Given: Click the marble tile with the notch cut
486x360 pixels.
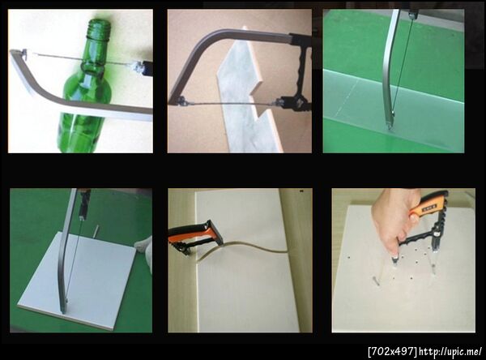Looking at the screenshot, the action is pyautogui.click(x=245, y=93).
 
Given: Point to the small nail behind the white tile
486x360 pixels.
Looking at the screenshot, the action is pyautogui.click(x=96, y=231).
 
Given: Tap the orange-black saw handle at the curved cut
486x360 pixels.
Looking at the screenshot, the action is pyautogui.click(x=196, y=237).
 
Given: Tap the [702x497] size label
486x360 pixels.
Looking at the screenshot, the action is pyautogui.click(x=392, y=351).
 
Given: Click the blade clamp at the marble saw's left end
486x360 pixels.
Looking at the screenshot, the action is pyautogui.click(x=181, y=101).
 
